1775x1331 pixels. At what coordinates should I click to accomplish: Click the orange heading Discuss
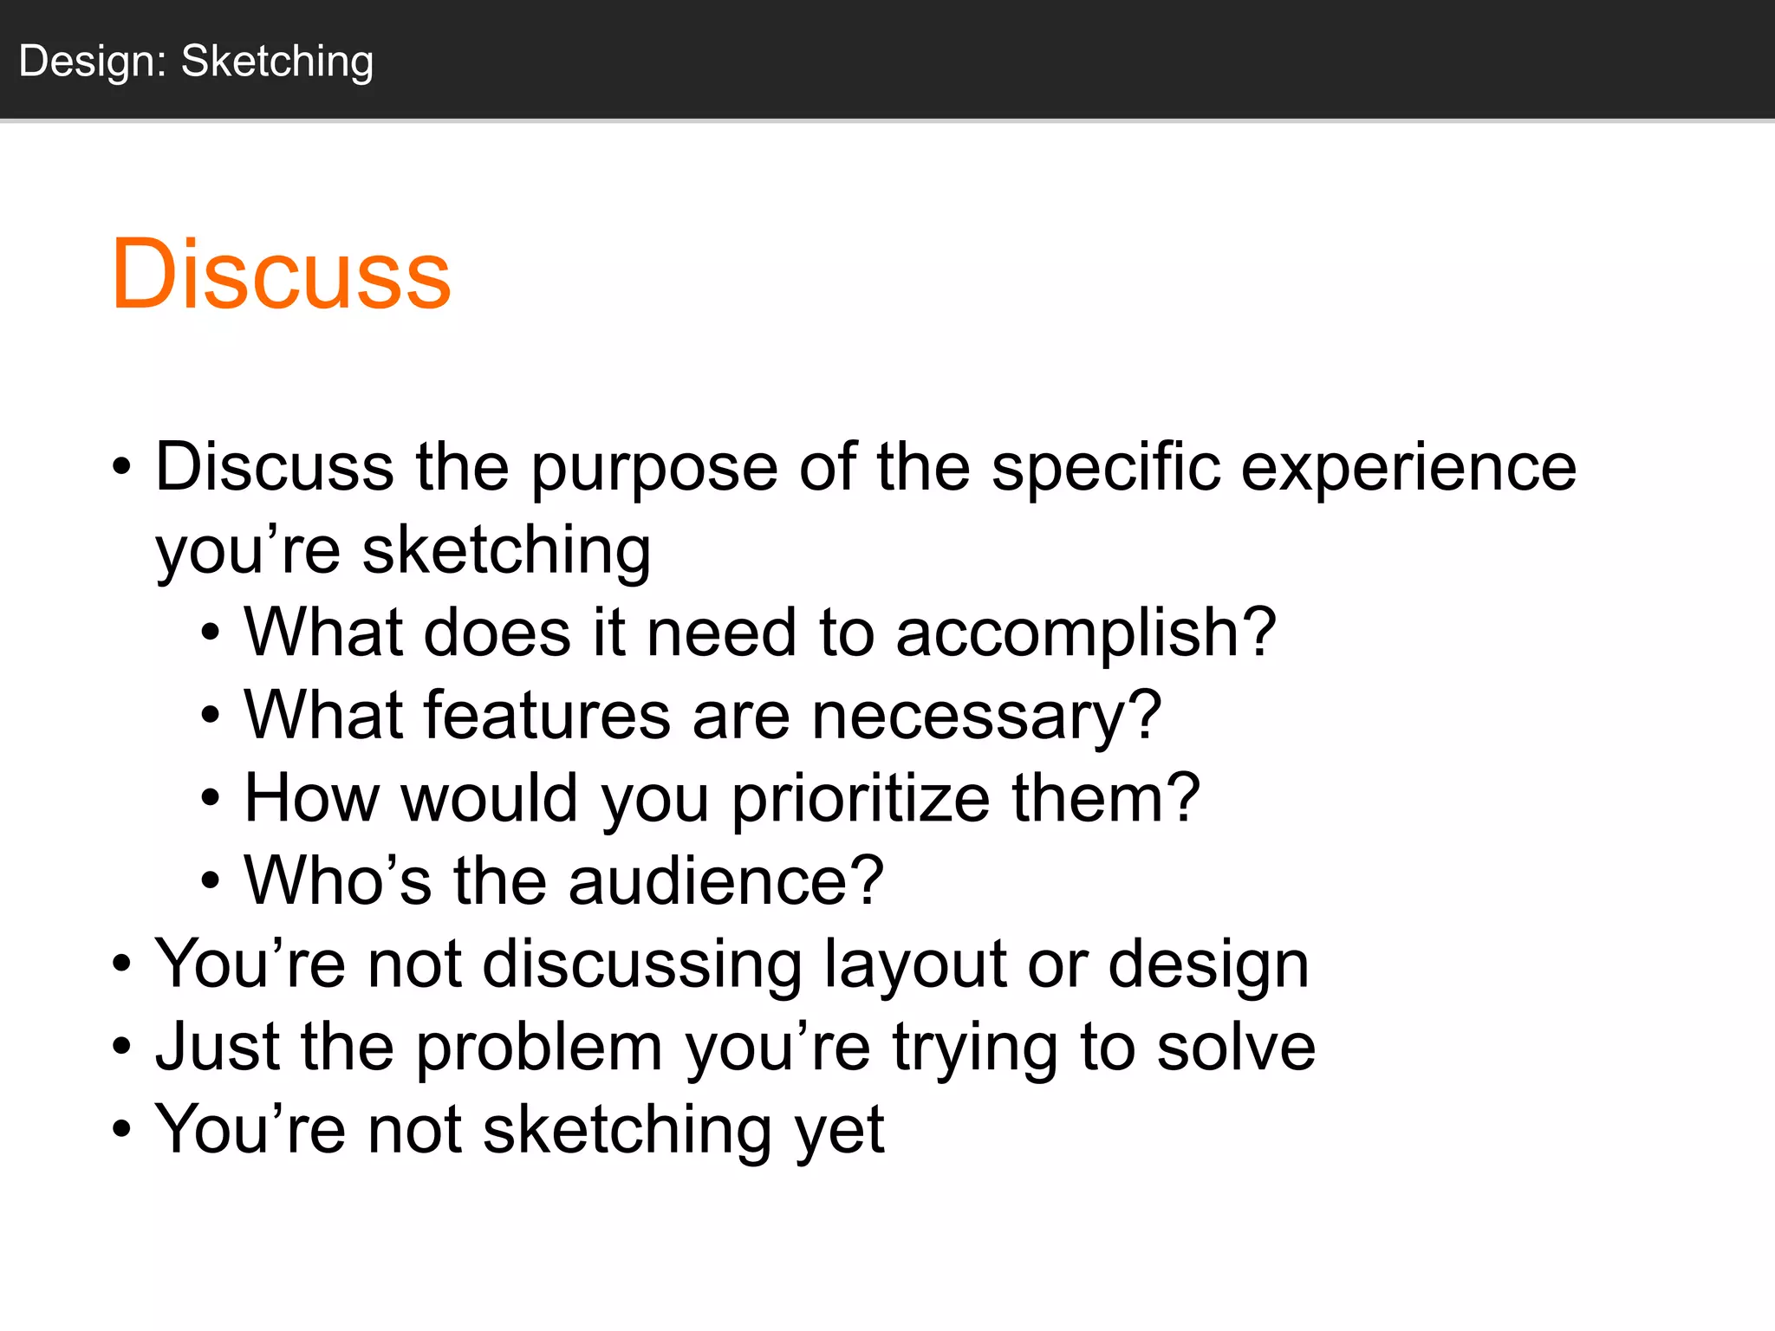(281, 275)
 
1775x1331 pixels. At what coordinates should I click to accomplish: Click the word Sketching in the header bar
(277, 62)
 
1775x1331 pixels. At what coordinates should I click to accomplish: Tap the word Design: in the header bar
(93, 62)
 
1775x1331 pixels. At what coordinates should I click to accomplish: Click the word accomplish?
(1085, 633)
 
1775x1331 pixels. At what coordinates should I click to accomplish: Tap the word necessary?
(986, 716)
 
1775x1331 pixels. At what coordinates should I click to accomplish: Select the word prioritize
(861, 799)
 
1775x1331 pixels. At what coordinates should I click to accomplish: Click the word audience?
(725, 881)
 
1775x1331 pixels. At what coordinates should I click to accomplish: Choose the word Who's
(337, 881)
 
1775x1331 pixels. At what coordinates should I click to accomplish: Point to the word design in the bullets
(1208, 964)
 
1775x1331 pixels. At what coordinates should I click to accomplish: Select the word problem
(539, 1048)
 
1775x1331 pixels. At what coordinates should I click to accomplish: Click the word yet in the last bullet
(840, 1131)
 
